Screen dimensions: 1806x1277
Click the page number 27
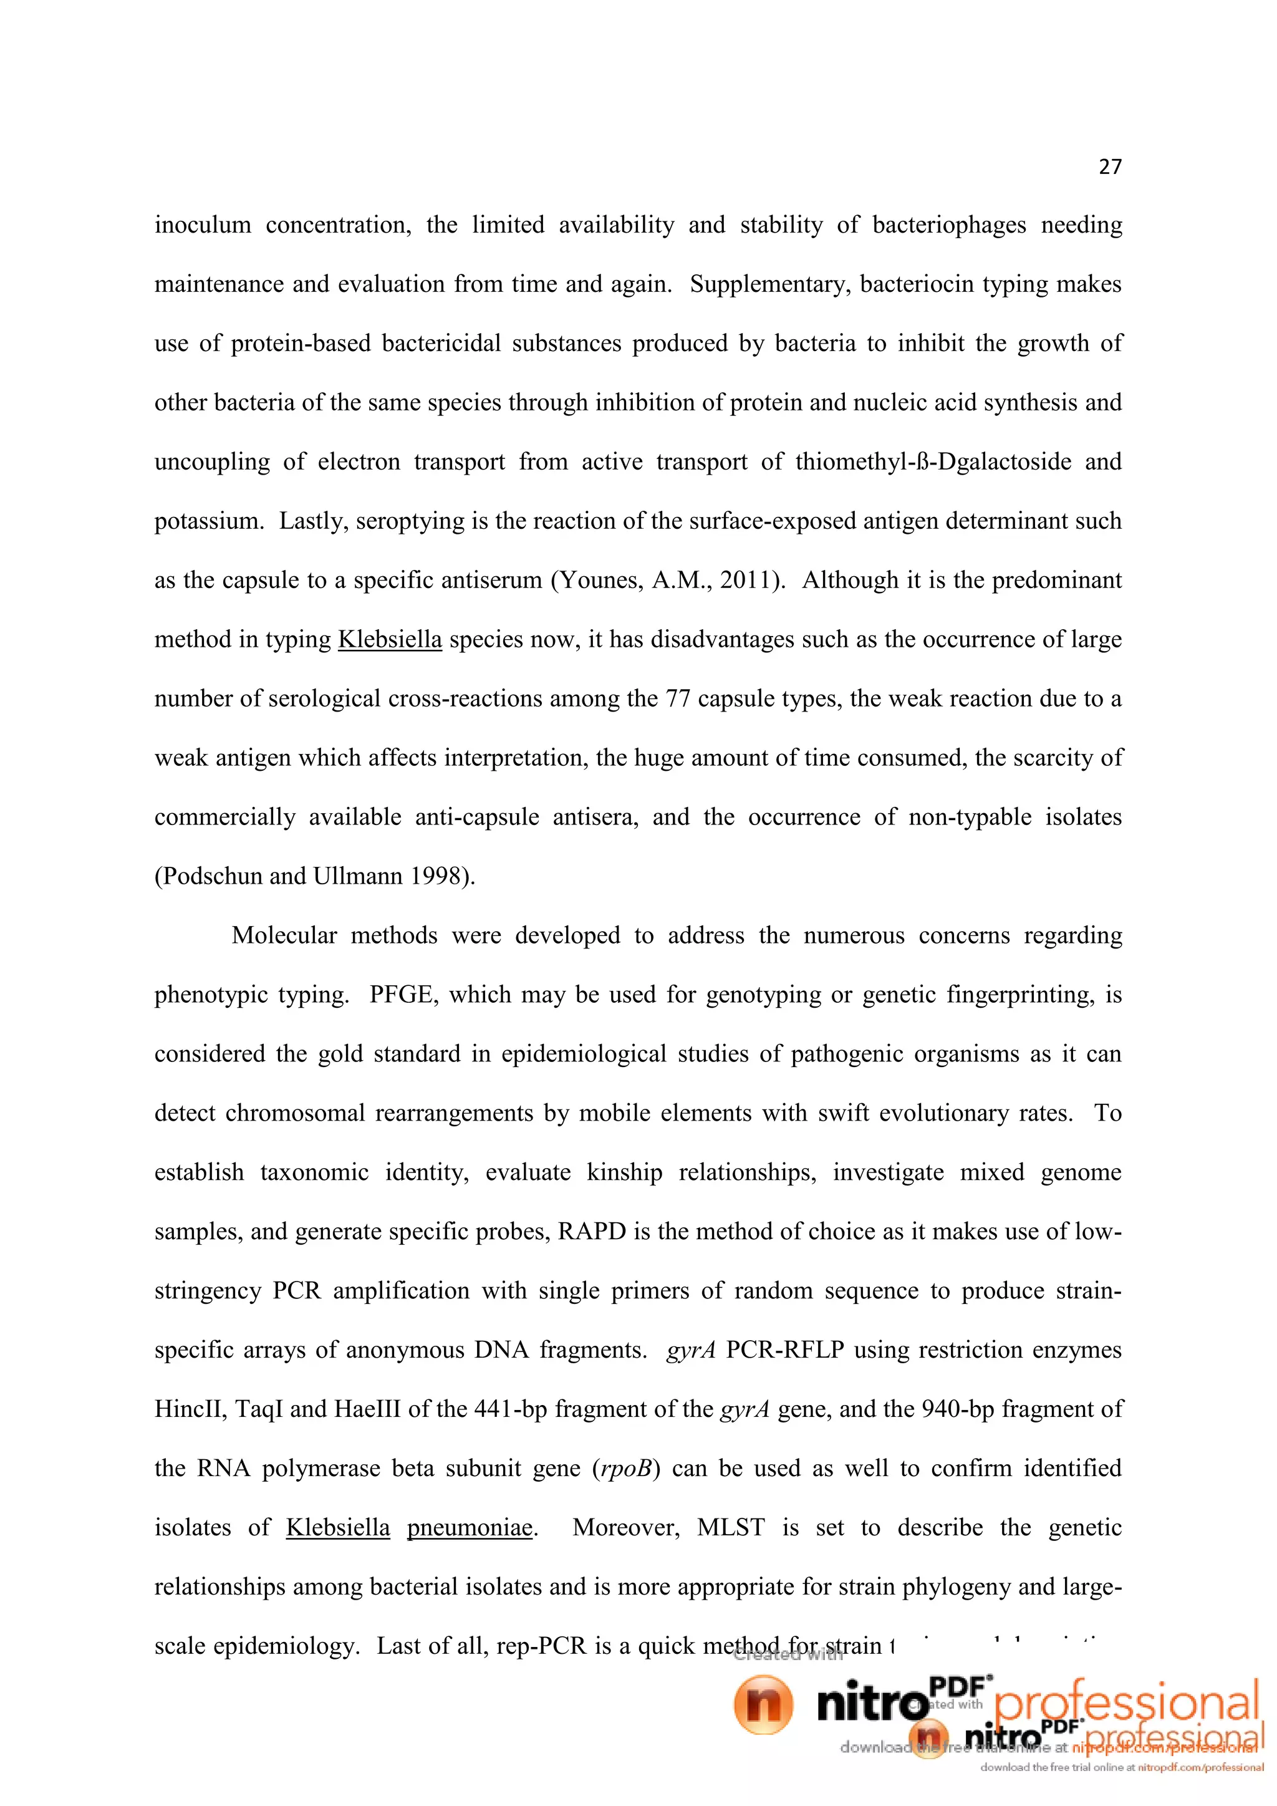(1109, 167)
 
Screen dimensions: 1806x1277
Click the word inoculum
(202, 225)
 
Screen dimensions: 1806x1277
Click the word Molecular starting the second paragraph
(284, 935)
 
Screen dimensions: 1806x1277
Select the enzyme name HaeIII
(367, 1409)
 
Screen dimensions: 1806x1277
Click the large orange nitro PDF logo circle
(763, 1704)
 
